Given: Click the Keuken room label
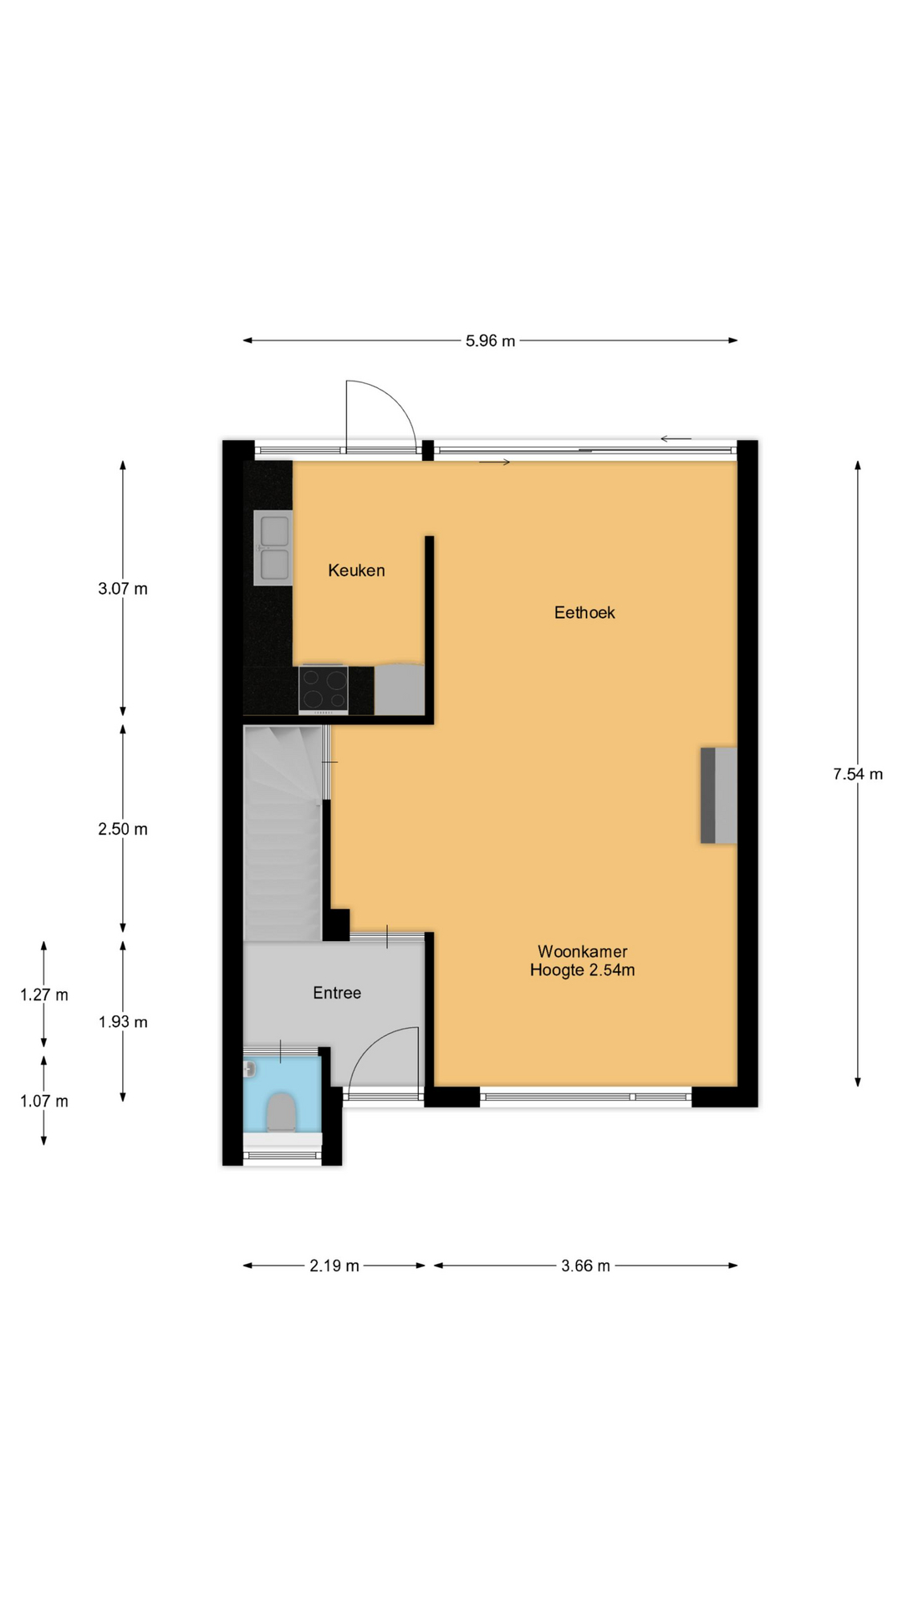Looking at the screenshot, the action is click(356, 570).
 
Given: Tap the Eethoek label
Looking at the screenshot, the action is click(584, 612).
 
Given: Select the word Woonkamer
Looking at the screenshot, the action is click(582, 951).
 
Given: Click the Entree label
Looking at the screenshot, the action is click(337, 993).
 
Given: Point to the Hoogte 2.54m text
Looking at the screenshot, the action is click(582, 970).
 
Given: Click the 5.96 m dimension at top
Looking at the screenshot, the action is click(490, 340).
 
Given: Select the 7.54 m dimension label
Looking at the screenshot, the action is click(858, 774).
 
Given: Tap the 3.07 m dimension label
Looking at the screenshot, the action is click(123, 589).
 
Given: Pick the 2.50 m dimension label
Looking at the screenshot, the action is click(123, 829).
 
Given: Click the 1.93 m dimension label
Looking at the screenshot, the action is click(123, 1021).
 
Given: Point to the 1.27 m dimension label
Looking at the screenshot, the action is click(44, 995).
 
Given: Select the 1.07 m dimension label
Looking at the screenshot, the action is click(44, 1101).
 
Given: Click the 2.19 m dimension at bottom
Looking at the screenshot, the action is click(334, 1266).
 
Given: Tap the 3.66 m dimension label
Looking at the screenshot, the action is click(585, 1266).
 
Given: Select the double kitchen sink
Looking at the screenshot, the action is click(273, 548).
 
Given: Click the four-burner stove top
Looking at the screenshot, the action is click(324, 690).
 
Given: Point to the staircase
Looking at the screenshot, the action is click(283, 833).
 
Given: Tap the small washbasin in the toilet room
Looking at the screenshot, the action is click(249, 1069).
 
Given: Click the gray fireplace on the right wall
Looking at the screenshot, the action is click(719, 795).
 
